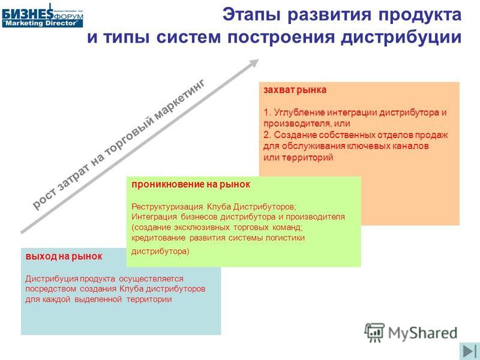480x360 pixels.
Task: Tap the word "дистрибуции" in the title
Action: click(401, 37)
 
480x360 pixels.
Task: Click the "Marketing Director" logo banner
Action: click(42, 23)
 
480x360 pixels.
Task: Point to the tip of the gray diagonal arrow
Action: click(259, 59)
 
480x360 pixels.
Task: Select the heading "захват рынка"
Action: click(295, 90)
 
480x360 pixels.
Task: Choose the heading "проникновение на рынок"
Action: click(191, 184)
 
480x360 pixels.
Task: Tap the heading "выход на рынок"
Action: click(64, 256)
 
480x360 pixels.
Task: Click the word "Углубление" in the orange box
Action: click(299, 113)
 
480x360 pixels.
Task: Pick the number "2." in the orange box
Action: click(268, 135)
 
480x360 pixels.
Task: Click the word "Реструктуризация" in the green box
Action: click(167, 207)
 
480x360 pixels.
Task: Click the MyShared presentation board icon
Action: click(374, 332)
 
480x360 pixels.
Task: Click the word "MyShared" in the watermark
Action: click(423, 333)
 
